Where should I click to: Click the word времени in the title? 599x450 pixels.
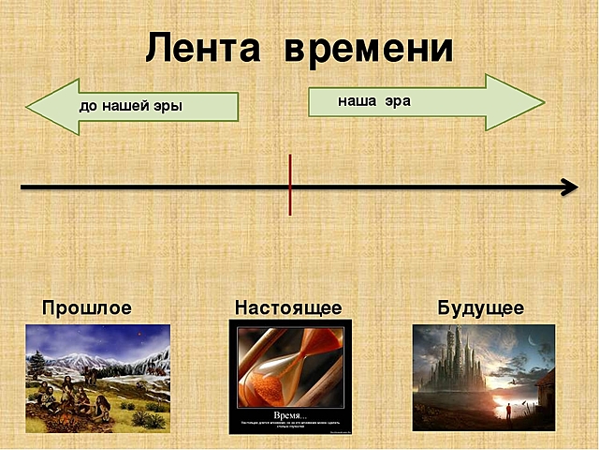click(369, 47)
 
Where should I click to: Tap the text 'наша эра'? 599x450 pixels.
click(373, 100)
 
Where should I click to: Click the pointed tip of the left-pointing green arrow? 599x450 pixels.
click(29, 106)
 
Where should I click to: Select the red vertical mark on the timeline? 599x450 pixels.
click(290, 185)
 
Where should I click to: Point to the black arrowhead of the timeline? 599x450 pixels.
click(570, 187)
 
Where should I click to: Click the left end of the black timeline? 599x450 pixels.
click(23, 187)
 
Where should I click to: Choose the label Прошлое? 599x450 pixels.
click(87, 307)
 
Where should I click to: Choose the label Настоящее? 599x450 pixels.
click(288, 307)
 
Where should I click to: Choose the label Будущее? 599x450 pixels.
click(480, 307)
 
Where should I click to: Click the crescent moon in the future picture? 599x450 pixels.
click(534, 339)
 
